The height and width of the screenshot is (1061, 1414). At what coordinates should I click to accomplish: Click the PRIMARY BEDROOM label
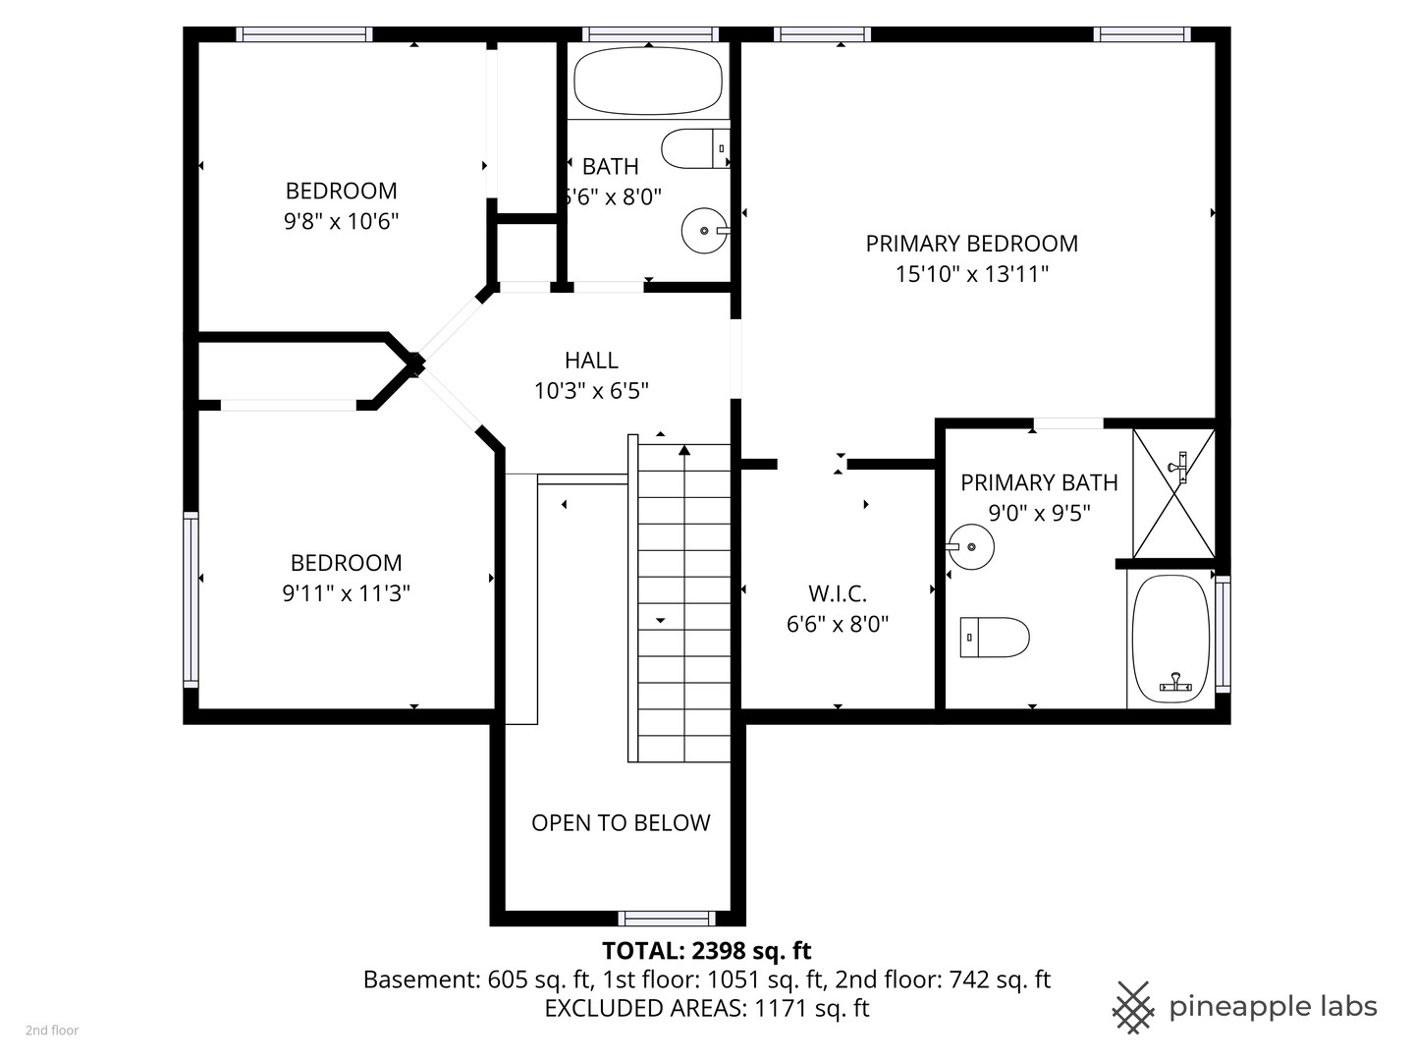971,244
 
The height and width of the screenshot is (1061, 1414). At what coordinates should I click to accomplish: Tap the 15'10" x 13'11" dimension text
971,274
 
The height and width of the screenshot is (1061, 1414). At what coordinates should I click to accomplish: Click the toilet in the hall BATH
694,148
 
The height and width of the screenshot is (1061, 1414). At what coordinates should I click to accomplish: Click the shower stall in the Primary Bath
1173,493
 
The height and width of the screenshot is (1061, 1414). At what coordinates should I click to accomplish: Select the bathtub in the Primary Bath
1170,638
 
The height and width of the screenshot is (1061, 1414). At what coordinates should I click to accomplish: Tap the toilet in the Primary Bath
994,637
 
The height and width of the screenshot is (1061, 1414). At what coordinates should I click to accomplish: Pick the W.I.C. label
838,594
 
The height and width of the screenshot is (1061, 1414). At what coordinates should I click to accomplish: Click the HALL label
591,361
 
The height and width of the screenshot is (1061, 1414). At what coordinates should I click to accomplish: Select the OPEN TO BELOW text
621,823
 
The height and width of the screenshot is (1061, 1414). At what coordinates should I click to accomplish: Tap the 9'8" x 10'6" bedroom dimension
341,221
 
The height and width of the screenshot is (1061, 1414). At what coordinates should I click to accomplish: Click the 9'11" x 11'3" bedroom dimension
346,593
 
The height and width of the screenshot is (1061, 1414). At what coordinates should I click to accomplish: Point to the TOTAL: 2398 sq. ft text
706,951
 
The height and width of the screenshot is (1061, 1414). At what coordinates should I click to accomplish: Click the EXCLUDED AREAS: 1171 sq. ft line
706,1008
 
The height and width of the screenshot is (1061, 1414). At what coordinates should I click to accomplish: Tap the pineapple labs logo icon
1133,1007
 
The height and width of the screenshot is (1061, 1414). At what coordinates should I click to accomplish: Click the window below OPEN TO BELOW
667,919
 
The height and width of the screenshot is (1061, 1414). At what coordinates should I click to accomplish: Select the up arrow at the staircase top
683,451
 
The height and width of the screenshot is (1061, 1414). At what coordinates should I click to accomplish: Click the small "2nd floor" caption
52,1031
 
